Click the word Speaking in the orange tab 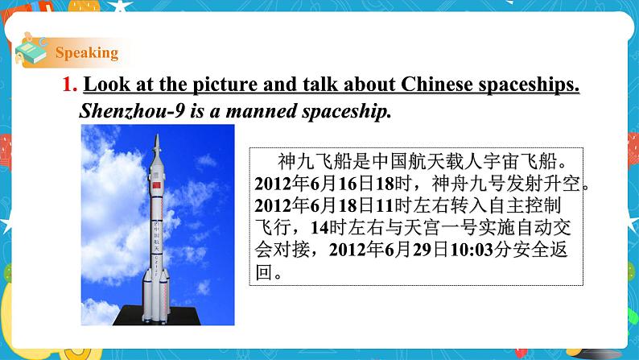point(87,53)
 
